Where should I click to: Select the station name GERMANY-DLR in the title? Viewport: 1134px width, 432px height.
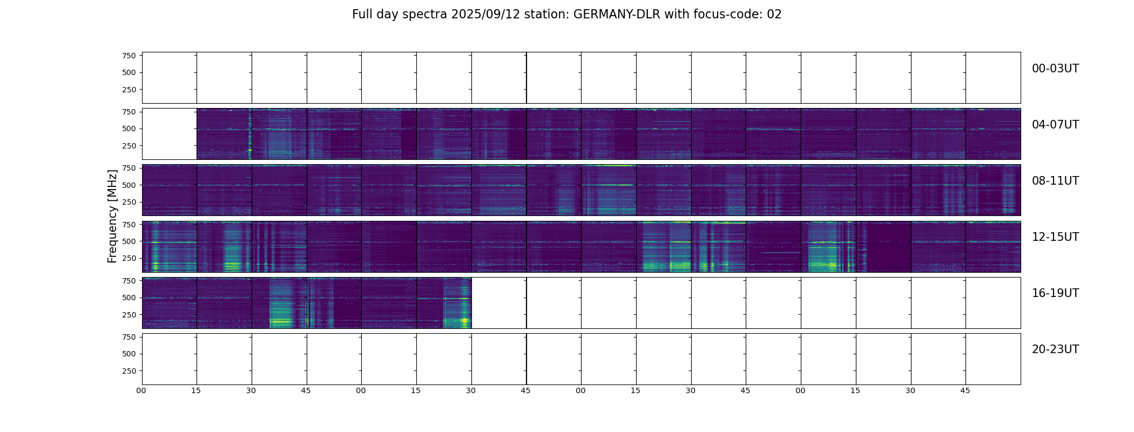(x=617, y=15)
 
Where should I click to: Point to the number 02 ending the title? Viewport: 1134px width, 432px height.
(x=774, y=15)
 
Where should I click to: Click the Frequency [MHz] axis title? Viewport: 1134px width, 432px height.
(x=112, y=216)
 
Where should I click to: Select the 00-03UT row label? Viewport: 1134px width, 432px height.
(x=1055, y=69)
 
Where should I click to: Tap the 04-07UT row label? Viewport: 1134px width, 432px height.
(x=1055, y=125)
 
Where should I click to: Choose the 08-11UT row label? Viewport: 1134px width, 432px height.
(x=1055, y=181)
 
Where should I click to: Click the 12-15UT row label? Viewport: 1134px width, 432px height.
(x=1055, y=237)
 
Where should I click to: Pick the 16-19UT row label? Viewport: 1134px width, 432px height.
(x=1055, y=293)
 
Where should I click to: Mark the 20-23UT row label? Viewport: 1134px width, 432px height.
(x=1055, y=349)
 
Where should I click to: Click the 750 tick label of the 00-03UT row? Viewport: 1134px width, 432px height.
(x=129, y=56)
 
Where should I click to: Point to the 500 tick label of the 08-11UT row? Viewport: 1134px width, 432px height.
(x=129, y=185)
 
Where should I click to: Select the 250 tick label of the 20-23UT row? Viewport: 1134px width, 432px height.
(x=129, y=371)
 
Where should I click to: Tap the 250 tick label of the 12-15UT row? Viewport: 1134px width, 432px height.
(x=129, y=259)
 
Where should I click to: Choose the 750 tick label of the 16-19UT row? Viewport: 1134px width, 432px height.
(x=129, y=281)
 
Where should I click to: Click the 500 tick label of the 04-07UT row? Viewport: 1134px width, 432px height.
(x=129, y=129)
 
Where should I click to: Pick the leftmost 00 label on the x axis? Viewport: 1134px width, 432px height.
(x=141, y=390)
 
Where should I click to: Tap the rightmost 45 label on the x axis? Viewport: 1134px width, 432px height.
(x=965, y=390)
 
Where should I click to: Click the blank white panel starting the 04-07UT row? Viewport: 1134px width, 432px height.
(x=169, y=134)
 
